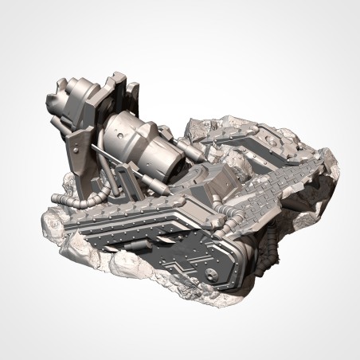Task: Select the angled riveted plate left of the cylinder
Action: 80,151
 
